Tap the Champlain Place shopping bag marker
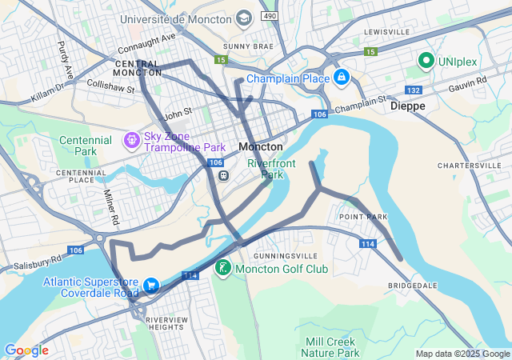click(342, 78)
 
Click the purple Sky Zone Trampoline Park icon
click(131, 141)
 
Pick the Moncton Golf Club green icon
click(223, 269)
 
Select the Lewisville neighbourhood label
click(386, 31)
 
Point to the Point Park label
click(363, 217)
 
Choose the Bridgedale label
click(413, 285)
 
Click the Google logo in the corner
click(26, 350)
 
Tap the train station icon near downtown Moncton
click(224, 176)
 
